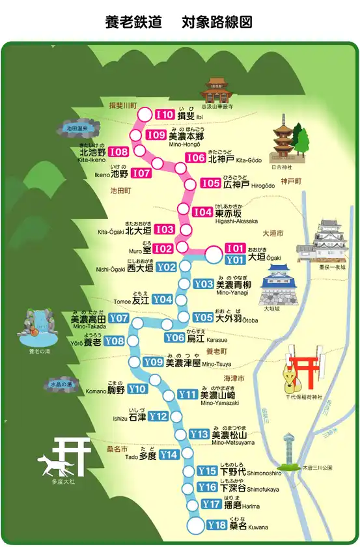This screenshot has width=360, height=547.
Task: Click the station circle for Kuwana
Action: (195, 525)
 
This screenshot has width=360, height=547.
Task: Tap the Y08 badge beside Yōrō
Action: (114, 341)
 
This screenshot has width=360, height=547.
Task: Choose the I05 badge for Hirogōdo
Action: (210, 184)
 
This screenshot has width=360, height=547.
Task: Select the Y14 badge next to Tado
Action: (169, 455)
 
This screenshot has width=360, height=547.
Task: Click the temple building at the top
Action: (217, 91)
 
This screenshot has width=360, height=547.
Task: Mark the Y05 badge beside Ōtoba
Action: (203, 317)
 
